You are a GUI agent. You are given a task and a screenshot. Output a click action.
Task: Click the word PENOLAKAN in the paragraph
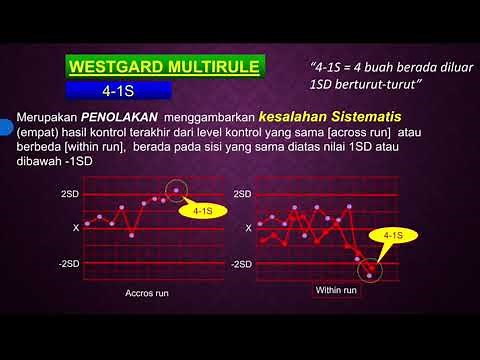coord(118,117)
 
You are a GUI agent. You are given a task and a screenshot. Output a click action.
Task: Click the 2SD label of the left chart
coord(70,192)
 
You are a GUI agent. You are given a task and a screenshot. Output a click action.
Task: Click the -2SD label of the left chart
coord(68,264)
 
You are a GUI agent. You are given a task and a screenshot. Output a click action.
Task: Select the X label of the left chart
coord(76,228)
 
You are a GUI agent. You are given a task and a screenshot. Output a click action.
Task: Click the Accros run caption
coord(146,297)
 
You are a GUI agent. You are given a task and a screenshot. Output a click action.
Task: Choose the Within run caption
coord(333,290)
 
